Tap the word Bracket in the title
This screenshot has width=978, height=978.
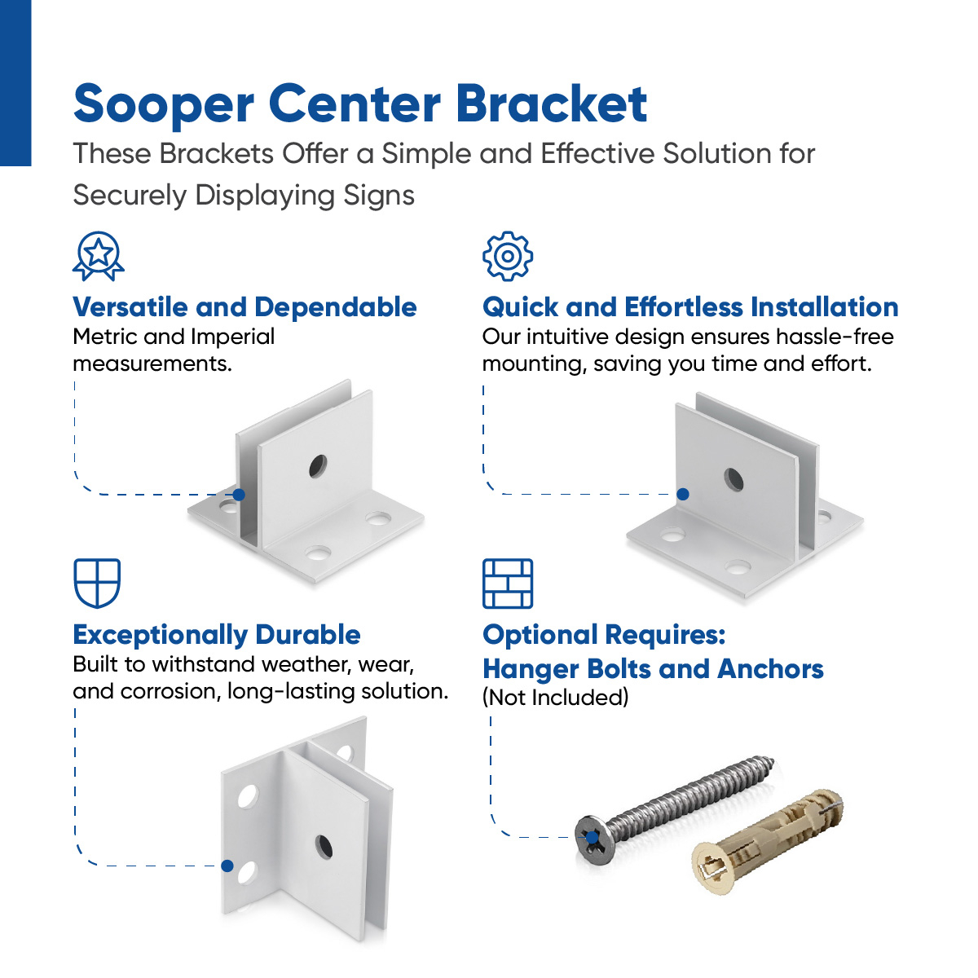click(x=551, y=104)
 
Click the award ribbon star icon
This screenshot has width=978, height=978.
click(x=99, y=255)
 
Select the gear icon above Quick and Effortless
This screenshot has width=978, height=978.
click(x=507, y=256)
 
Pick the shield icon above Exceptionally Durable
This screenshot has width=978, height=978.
click(x=97, y=583)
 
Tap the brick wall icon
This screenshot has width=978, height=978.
click(x=508, y=584)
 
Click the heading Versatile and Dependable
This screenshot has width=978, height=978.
click(x=244, y=307)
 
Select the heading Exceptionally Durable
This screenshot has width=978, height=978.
click(x=217, y=635)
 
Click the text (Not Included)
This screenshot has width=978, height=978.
click(x=555, y=698)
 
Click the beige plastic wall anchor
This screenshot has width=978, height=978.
click(x=766, y=839)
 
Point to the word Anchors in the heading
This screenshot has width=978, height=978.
click(x=770, y=669)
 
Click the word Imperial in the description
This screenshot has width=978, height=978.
click(x=232, y=337)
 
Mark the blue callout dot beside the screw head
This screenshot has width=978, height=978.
click(x=593, y=837)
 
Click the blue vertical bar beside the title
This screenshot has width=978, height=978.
click(x=15, y=81)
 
